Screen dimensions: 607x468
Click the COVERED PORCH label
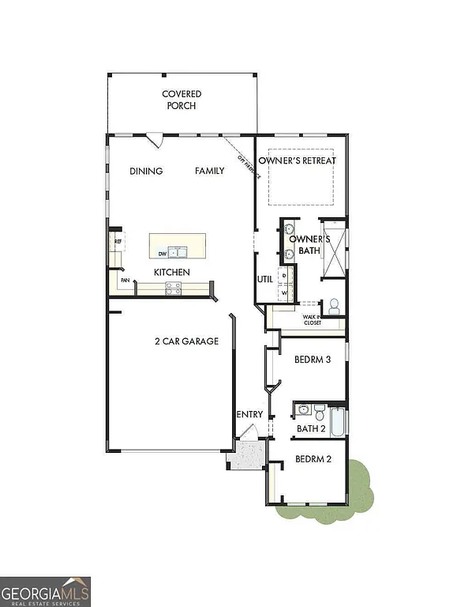182,100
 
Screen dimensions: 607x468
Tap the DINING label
147,172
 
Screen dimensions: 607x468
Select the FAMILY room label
210,172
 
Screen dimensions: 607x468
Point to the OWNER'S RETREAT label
302,161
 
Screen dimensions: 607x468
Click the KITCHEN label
171,273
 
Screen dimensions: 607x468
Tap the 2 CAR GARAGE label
186,341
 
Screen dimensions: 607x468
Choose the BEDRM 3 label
312,360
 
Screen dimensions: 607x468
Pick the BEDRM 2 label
312,459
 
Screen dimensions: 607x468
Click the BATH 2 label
311,429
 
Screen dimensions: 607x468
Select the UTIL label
264,279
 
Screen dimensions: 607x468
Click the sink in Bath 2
303,410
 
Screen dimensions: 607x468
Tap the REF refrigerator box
118,242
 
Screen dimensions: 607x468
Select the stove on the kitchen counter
173,289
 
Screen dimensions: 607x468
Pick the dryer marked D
285,275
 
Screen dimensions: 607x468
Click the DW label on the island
162,254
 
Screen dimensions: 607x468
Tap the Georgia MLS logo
46,591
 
